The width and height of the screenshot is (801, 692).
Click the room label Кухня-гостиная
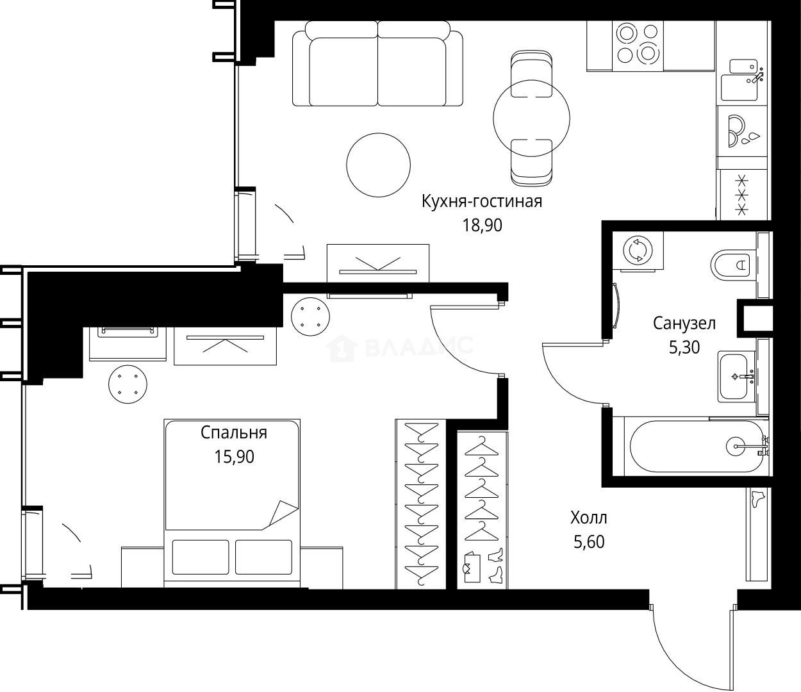tap(481, 201)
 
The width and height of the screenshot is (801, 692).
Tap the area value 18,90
tap(482, 225)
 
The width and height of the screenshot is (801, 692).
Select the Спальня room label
tap(233, 432)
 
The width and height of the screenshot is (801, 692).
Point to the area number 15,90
tap(234, 457)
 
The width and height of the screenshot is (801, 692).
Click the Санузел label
tap(684, 323)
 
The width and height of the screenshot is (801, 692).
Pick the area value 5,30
tap(684, 347)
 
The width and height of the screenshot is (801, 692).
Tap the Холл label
tap(588, 517)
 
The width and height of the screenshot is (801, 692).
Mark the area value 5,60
tap(588, 542)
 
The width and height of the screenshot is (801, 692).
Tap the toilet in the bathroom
tap(731, 263)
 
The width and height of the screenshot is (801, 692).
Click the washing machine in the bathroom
tap(638, 251)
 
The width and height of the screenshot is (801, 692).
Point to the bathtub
tap(695, 446)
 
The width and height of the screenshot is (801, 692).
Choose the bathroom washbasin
tap(736, 376)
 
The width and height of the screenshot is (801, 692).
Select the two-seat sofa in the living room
tap(377, 64)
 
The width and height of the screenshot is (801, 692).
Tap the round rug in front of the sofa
tap(378, 165)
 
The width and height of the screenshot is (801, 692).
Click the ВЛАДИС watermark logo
tap(400, 347)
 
